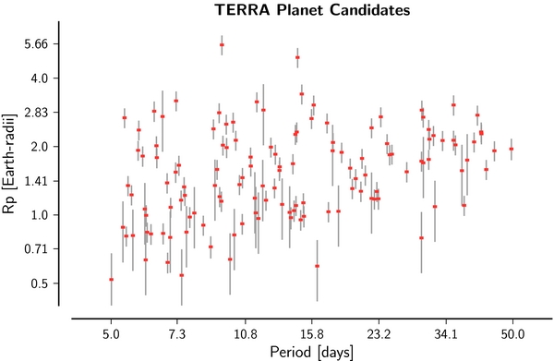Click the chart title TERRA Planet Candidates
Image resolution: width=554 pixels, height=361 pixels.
click(x=312, y=10)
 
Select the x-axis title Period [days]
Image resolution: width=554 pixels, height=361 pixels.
click(x=312, y=352)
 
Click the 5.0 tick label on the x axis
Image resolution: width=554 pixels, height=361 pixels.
click(x=111, y=331)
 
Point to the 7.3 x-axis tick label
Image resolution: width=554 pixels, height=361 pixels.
click(x=177, y=331)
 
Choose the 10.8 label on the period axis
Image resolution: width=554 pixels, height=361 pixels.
click(x=245, y=331)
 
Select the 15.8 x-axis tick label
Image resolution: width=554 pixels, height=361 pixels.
click(x=312, y=331)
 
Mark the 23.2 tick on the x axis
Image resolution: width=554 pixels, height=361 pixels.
click(x=379, y=331)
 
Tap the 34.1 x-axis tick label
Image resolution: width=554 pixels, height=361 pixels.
click(x=447, y=331)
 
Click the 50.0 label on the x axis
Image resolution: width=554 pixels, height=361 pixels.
click(x=513, y=331)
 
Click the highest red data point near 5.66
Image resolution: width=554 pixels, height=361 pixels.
click(x=222, y=44)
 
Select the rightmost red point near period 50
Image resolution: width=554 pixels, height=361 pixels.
click(x=512, y=149)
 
